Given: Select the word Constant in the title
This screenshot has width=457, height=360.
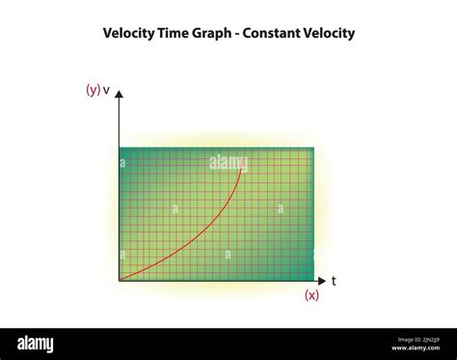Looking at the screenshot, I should pyautogui.click(x=273, y=33).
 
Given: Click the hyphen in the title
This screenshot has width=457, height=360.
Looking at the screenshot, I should pyautogui.click(x=238, y=34).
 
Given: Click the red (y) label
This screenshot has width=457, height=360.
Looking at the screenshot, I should pyautogui.click(x=93, y=90).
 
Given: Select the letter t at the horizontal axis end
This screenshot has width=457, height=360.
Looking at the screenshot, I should pyautogui.click(x=334, y=282).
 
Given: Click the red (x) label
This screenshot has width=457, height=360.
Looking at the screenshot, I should pyautogui.click(x=311, y=295).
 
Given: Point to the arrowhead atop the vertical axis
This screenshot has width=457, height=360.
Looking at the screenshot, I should pyautogui.click(x=119, y=96).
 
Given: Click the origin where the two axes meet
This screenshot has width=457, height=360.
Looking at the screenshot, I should pyautogui.click(x=119, y=281).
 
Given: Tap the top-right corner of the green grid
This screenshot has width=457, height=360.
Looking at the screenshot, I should pyautogui.click(x=313, y=149).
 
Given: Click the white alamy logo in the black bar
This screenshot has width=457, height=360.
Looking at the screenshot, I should pyautogui.click(x=35, y=344).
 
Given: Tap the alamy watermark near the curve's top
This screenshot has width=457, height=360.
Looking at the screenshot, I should pyautogui.click(x=228, y=163).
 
